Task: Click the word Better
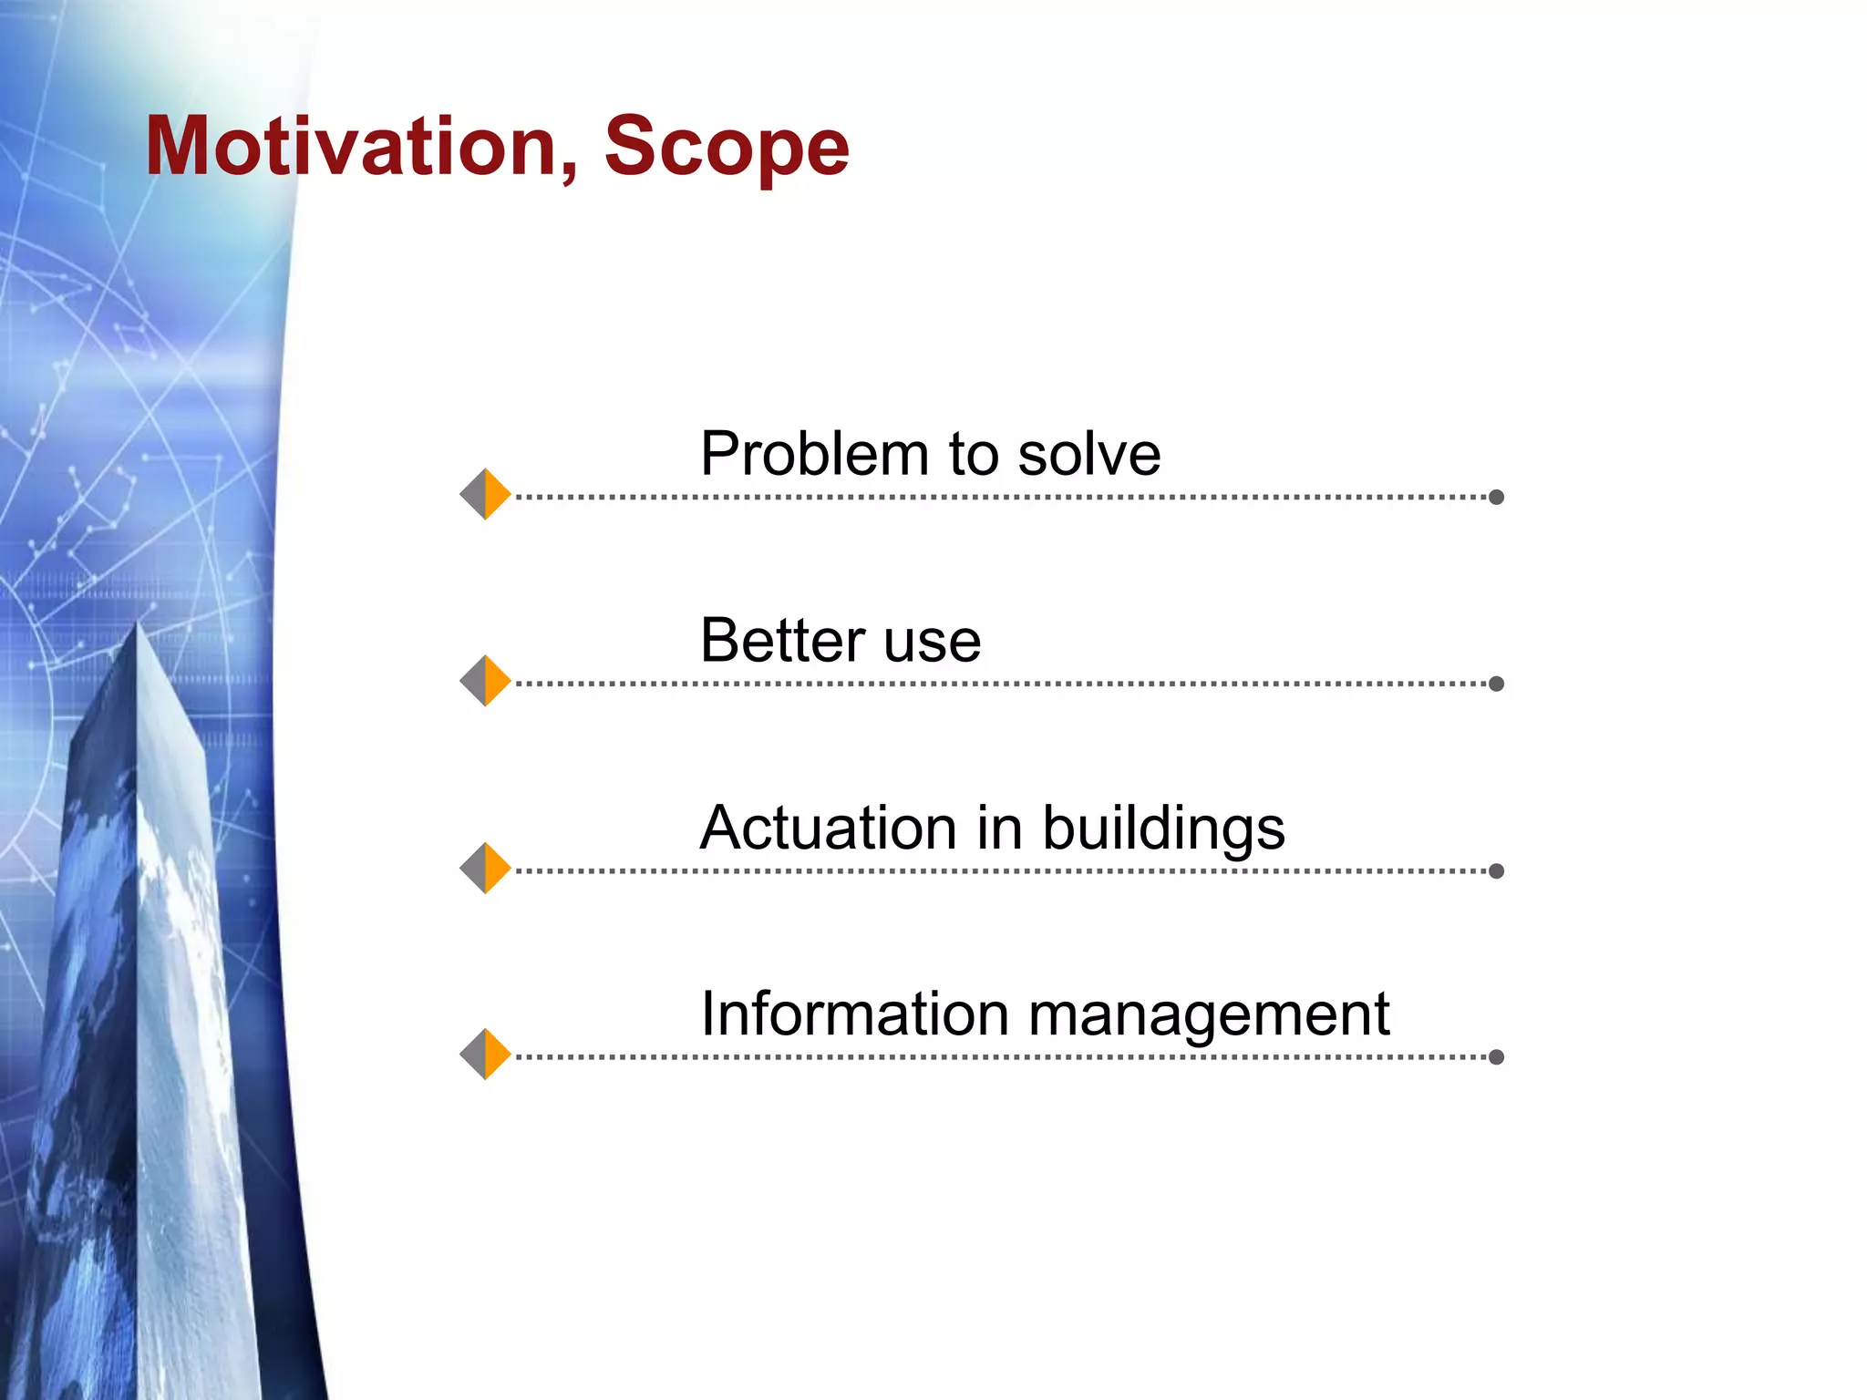782,640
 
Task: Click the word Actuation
828,828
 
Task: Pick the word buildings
1163,829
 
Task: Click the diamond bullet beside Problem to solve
485,494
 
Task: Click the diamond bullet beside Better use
485,681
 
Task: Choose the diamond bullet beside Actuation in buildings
485,868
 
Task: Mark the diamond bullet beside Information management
485,1055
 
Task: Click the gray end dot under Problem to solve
1496,497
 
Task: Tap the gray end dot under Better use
1496,684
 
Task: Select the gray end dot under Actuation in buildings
1496,870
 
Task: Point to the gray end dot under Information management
1496,1057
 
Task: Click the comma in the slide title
570,173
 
